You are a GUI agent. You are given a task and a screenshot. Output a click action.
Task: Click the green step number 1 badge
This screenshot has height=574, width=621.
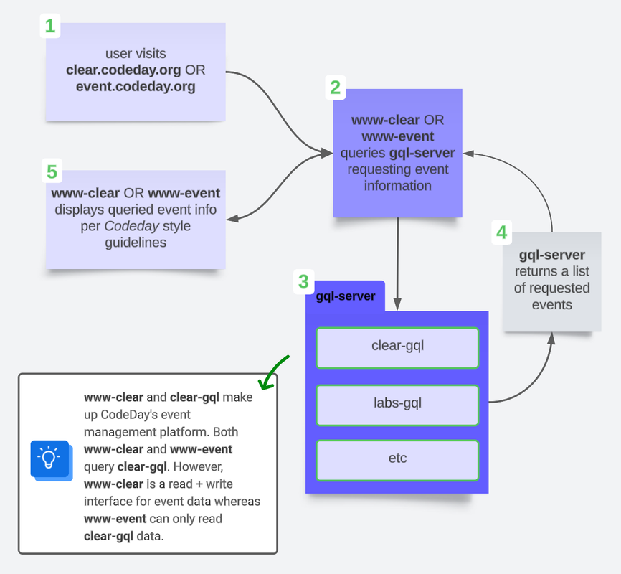[x=49, y=27]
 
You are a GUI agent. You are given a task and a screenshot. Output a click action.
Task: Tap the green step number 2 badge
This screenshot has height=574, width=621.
[x=335, y=88]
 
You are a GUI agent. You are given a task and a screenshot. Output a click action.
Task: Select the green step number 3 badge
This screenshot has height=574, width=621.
[x=303, y=282]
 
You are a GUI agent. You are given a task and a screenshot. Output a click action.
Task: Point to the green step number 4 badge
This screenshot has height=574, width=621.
[x=501, y=232]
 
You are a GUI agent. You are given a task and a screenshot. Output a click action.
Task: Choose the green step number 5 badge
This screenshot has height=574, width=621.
[x=51, y=171]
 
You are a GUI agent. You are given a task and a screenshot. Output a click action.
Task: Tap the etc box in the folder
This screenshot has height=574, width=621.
[x=397, y=458]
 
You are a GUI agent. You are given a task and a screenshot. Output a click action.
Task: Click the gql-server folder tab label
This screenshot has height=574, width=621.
[x=346, y=296]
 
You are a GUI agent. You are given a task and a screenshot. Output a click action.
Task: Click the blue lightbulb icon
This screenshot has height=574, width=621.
[x=49, y=458]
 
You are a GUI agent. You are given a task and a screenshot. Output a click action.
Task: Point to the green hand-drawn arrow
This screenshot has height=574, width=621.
[x=273, y=371]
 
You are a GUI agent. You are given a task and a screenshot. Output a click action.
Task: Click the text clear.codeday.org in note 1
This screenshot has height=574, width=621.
[x=124, y=70]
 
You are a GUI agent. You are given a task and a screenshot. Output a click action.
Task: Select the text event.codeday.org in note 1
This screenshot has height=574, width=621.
[x=136, y=87]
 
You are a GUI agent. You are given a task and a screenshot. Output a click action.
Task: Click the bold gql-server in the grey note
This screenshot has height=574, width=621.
[x=551, y=255]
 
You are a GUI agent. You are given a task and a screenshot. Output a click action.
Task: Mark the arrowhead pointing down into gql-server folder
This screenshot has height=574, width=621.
[x=397, y=302]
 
